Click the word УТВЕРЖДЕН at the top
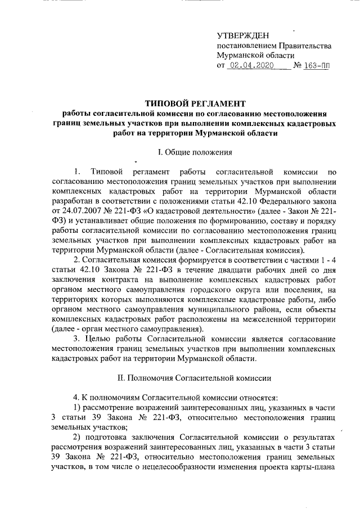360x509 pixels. pyautogui.click(x=244, y=36)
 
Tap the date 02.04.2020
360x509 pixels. pyautogui.click(x=250, y=66)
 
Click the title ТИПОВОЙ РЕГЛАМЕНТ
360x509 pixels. pyautogui.click(x=196, y=103)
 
